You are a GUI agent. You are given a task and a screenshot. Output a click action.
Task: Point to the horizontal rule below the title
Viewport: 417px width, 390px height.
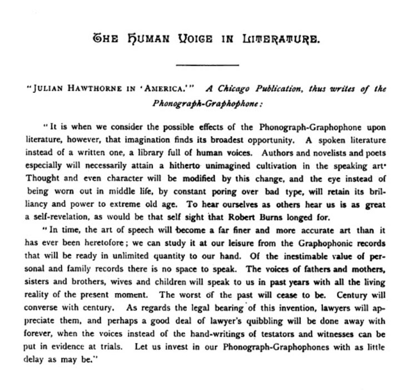[207, 66]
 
